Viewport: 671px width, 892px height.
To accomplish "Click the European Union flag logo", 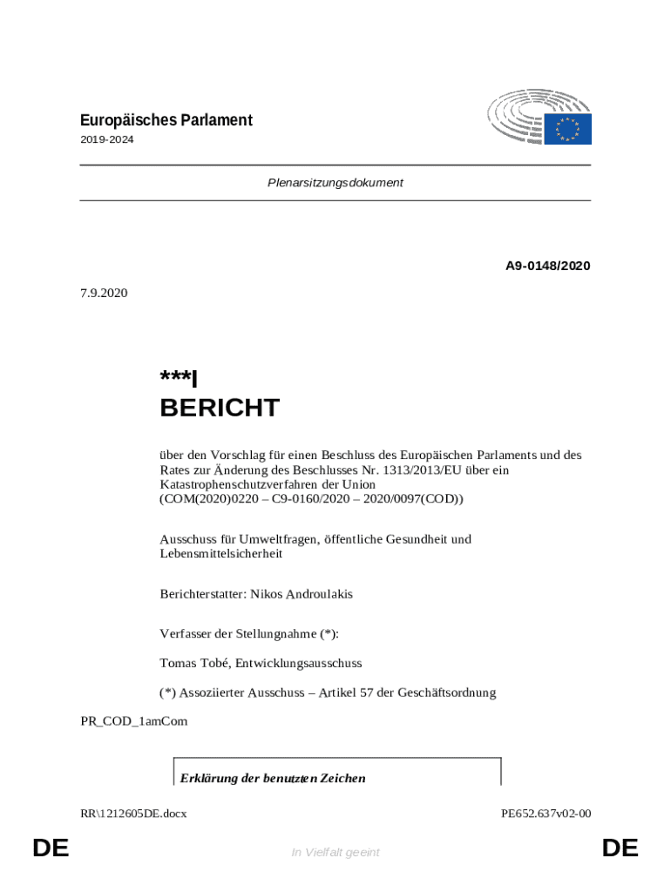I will point(567,129).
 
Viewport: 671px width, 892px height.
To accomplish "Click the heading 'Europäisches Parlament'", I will point(166,120).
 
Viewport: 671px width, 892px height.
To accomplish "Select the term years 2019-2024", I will point(107,139).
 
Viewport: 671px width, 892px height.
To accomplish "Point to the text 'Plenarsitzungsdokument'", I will point(335,183).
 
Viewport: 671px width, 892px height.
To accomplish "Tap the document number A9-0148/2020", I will point(547,266).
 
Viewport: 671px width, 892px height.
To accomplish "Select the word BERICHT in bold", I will point(220,408).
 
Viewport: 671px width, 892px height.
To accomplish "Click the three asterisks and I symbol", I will point(179,378).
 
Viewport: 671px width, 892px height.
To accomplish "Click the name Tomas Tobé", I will point(194,663).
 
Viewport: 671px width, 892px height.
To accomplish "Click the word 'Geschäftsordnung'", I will point(446,693).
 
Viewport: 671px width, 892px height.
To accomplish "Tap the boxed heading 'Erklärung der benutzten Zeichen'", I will point(273,778).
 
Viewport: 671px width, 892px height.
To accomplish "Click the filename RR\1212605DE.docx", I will point(133,814).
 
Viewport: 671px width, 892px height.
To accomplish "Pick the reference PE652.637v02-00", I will point(546,814).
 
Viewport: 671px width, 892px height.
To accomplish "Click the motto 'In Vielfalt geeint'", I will point(335,852).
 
